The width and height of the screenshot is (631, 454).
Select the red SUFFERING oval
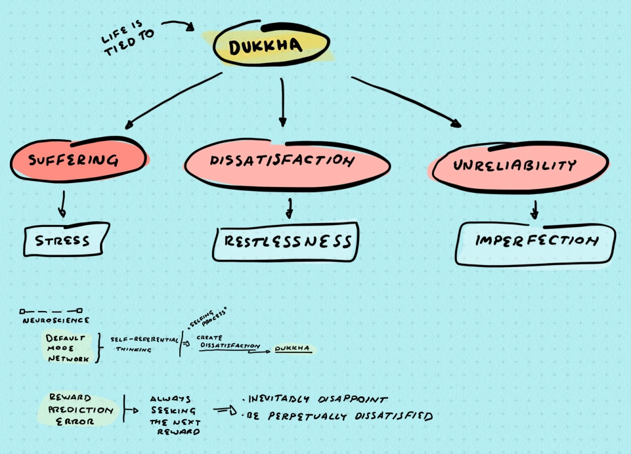(x=77, y=159)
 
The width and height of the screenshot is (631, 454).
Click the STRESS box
(x=64, y=240)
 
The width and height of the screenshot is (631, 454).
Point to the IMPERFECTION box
(x=536, y=241)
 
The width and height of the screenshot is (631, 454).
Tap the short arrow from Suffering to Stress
(x=62, y=203)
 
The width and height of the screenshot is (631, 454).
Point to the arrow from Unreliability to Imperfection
(x=534, y=209)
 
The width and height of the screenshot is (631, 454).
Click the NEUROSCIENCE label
(x=56, y=320)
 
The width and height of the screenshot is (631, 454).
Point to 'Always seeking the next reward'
(x=173, y=415)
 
